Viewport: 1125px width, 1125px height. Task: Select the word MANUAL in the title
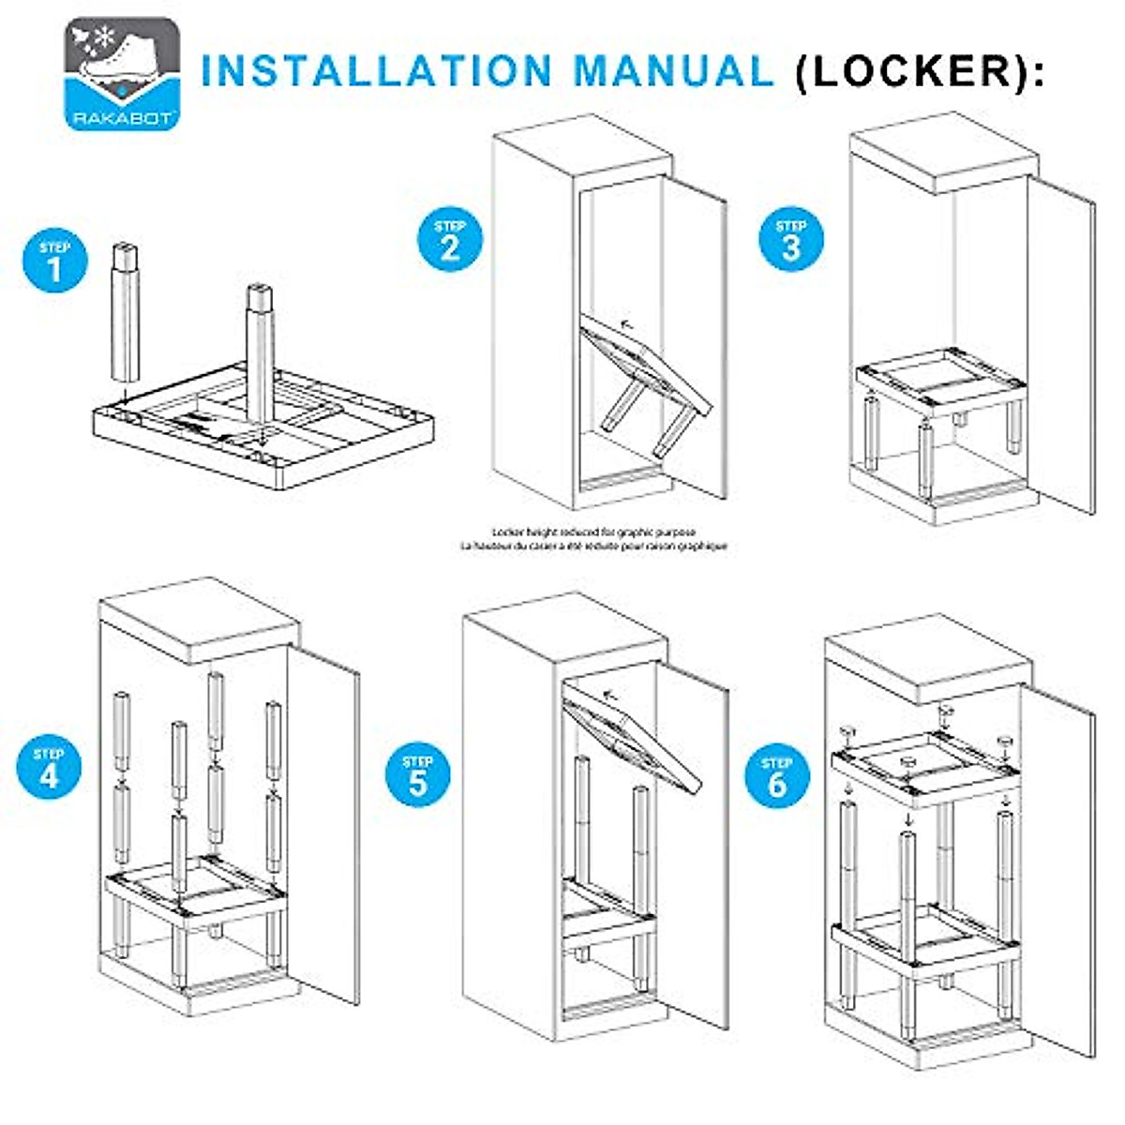point(674,72)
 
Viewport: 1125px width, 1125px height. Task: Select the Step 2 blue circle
point(450,240)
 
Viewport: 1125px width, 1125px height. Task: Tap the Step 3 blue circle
point(791,239)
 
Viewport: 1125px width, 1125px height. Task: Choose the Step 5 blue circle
point(418,775)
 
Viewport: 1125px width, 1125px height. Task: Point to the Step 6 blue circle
point(777,777)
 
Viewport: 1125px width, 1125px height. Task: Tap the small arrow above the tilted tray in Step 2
point(625,325)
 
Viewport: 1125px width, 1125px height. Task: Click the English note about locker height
point(594,531)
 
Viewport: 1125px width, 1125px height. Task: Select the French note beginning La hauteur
point(594,545)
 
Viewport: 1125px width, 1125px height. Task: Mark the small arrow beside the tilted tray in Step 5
point(611,695)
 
